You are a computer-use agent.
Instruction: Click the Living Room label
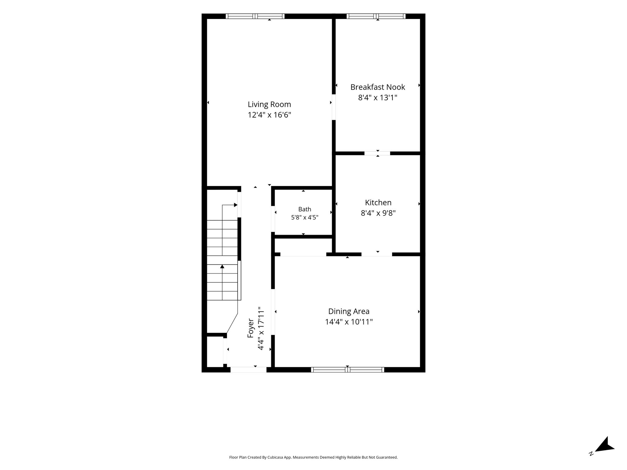[x=269, y=105]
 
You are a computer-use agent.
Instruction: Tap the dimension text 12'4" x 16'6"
[x=269, y=115]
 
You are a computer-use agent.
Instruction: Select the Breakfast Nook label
[x=377, y=87]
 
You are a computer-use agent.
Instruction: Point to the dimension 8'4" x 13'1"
[x=377, y=98]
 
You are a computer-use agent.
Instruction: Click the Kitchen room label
[x=378, y=203]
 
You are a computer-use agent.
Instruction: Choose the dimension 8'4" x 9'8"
[x=378, y=213]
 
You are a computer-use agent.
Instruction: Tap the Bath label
[x=305, y=209]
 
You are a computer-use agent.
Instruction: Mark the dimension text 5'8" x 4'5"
[x=305, y=218]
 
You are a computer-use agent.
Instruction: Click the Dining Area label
[x=349, y=311]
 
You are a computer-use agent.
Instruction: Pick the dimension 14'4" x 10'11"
[x=349, y=322]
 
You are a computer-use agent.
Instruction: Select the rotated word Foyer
[x=251, y=328]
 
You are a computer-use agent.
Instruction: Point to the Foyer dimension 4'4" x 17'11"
[x=261, y=328]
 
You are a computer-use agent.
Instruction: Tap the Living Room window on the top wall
[x=255, y=16]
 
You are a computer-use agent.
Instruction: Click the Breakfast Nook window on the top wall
[x=376, y=16]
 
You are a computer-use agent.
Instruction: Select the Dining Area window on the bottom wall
[x=347, y=370]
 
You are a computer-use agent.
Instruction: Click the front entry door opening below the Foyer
[x=248, y=370]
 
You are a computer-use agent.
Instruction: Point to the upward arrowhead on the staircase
[x=222, y=267]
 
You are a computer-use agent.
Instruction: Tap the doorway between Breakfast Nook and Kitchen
[x=377, y=153]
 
